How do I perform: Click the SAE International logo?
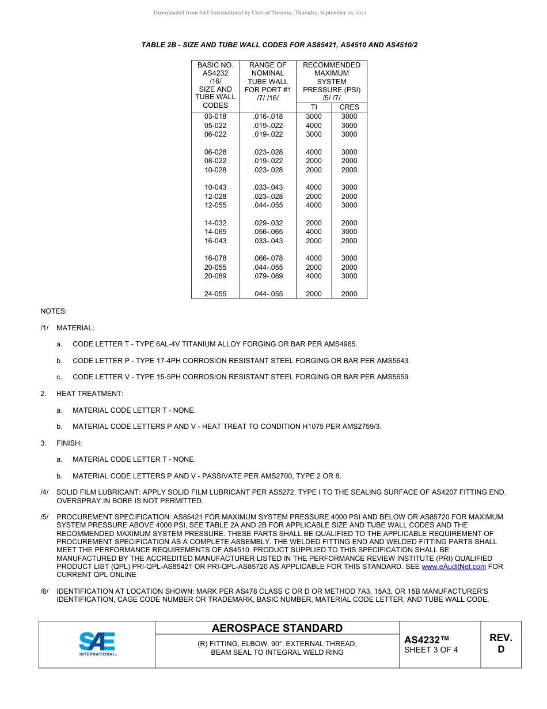point(97,644)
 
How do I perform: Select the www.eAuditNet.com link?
point(454,567)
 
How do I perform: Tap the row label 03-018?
point(215,116)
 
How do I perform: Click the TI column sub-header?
point(314,107)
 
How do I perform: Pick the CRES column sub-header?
point(349,107)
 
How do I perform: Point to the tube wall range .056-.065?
point(268,232)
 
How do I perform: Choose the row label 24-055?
point(215,294)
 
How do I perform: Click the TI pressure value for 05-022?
point(314,126)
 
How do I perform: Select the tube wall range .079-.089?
point(268,276)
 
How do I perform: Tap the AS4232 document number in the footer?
point(426,640)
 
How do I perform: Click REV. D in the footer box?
point(500,643)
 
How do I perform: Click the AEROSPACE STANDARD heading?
point(277,628)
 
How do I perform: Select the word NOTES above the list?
point(54,311)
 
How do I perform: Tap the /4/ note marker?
point(45,492)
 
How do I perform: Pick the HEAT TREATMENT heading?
point(89,394)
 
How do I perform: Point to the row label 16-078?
point(215,258)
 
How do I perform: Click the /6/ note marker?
point(45,591)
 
